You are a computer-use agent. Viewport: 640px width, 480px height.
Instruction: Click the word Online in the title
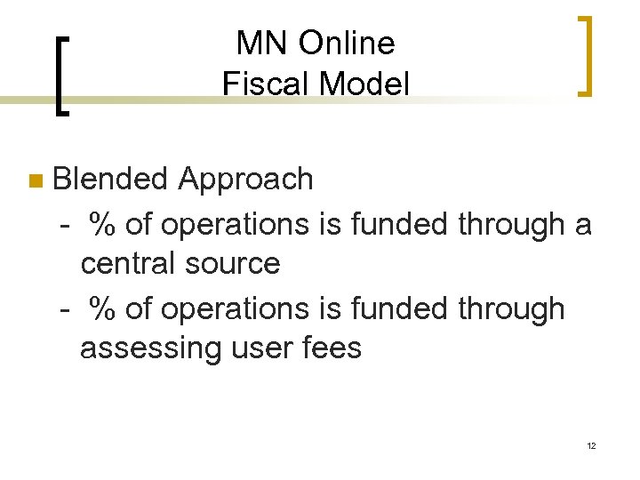347,43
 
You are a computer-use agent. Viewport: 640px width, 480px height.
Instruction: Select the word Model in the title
365,84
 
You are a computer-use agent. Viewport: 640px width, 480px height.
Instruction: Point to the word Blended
110,179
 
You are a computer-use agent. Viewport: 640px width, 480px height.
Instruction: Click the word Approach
245,179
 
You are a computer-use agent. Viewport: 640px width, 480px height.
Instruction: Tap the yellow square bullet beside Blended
35,181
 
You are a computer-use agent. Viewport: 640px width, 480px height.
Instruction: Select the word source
236,264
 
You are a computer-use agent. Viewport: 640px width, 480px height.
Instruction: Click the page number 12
590,445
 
